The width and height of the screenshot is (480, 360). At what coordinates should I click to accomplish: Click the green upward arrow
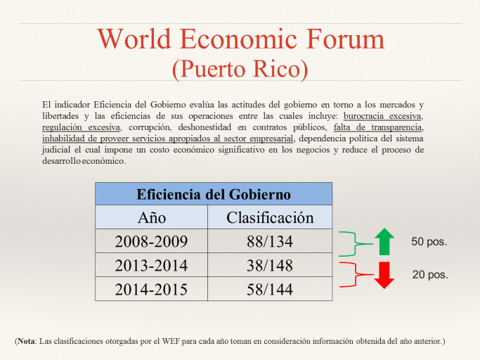[x=384, y=242]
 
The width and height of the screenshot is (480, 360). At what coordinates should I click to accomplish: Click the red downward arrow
[x=384, y=275]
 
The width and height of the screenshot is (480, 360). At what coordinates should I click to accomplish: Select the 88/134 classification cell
[x=270, y=241]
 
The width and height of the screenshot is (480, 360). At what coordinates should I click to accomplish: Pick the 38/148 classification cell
[x=270, y=265]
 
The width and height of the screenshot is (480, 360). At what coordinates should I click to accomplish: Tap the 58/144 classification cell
[x=270, y=289]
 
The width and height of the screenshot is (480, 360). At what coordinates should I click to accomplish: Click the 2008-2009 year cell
[x=151, y=241]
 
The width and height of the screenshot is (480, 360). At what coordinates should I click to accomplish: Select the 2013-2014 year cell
[x=151, y=265]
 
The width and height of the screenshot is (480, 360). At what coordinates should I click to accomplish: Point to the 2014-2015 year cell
[x=151, y=289]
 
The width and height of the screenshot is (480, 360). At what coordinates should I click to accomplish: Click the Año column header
[x=151, y=217]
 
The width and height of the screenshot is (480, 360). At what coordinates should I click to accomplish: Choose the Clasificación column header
[x=270, y=217]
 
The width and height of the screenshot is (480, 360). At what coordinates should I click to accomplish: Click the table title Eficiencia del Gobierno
[x=214, y=194]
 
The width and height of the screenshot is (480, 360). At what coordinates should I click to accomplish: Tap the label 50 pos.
[x=429, y=242]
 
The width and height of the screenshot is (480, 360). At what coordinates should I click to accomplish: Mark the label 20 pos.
[x=430, y=274]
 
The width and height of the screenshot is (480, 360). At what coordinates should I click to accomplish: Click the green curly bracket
[x=356, y=244]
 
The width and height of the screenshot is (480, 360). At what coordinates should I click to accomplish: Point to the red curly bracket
[x=356, y=274]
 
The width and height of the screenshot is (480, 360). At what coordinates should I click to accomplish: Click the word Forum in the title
[x=345, y=39]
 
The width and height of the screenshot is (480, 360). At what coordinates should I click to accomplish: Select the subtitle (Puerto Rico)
[x=240, y=69]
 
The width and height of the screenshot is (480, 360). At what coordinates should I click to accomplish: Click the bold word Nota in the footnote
[x=26, y=341]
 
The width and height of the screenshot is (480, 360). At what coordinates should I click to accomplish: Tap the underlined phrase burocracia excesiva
[x=382, y=116]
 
